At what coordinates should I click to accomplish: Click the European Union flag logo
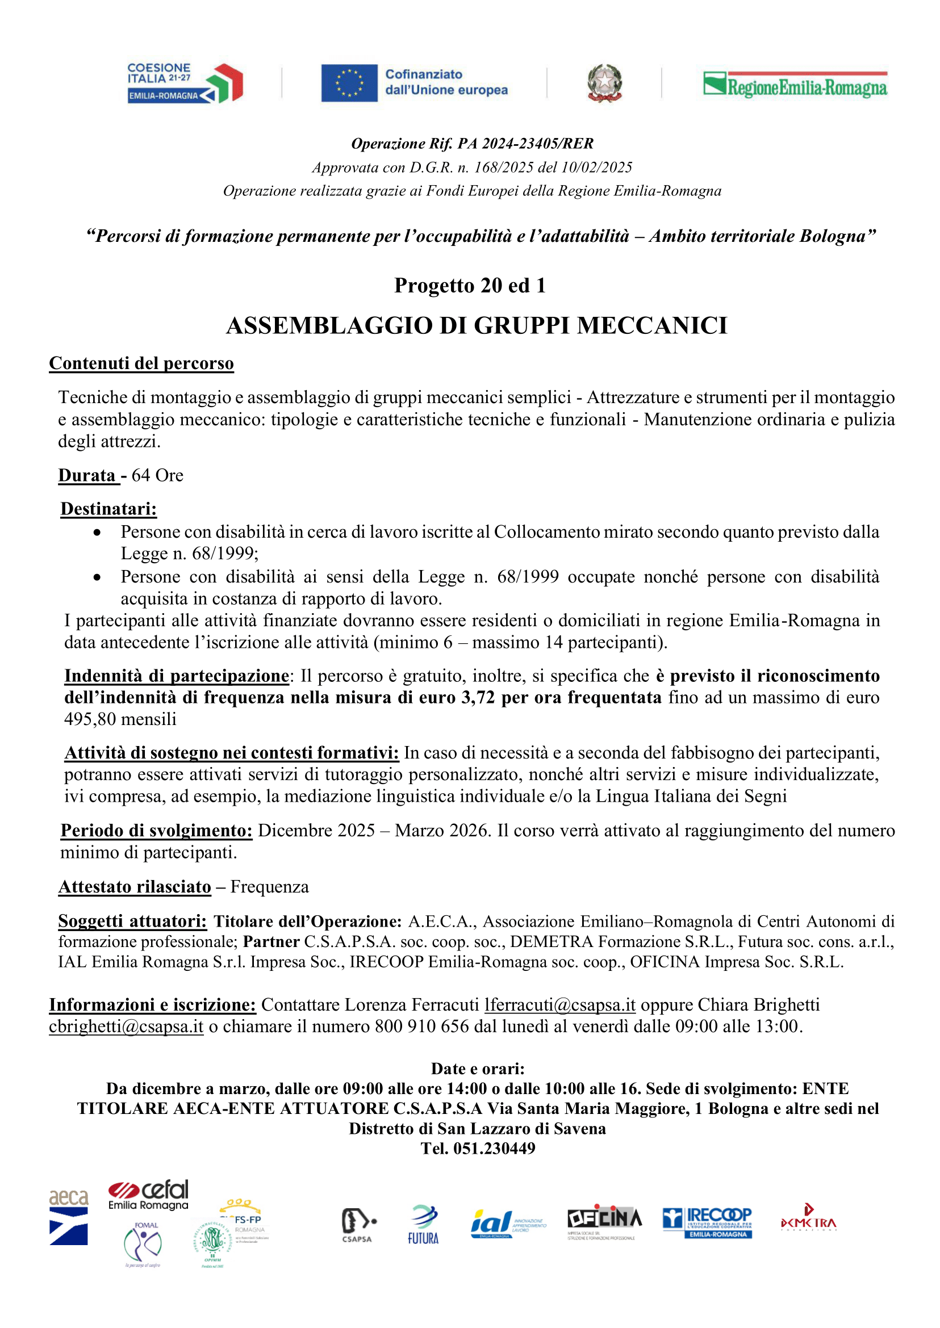[349, 83]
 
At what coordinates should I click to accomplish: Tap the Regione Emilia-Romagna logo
[795, 84]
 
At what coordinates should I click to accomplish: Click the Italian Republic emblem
[604, 83]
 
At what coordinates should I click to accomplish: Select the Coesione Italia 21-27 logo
[185, 83]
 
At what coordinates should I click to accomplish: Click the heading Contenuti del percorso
[141, 363]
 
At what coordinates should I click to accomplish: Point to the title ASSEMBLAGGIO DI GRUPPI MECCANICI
[477, 326]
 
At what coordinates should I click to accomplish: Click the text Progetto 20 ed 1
[469, 286]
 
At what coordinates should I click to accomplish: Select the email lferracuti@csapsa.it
[559, 1004]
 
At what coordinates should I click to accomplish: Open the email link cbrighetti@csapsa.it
[126, 1027]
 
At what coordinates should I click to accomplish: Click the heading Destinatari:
[109, 509]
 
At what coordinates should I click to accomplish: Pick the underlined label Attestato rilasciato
[135, 887]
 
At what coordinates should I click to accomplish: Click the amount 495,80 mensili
[120, 719]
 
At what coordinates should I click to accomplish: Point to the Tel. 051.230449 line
[478, 1149]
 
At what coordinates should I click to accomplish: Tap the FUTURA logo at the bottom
[423, 1224]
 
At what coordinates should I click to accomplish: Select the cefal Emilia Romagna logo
[149, 1195]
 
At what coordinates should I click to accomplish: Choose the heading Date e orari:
[478, 1069]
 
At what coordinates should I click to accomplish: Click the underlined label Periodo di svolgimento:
[156, 831]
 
